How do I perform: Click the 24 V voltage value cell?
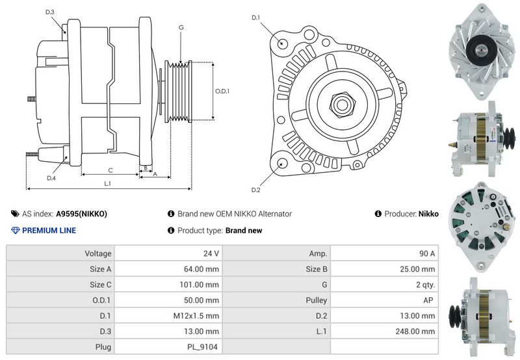click(x=211, y=253)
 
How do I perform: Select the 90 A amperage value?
click(x=427, y=253)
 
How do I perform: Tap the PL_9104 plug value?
click(x=202, y=347)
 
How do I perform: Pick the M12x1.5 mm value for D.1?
click(x=196, y=316)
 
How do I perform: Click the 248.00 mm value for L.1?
click(x=415, y=331)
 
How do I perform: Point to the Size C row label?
click(x=101, y=285)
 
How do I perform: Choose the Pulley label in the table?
click(x=317, y=300)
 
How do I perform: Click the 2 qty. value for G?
click(x=426, y=285)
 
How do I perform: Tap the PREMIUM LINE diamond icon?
click(x=15, y=231)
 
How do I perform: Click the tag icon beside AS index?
click(x=15, y=214)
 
